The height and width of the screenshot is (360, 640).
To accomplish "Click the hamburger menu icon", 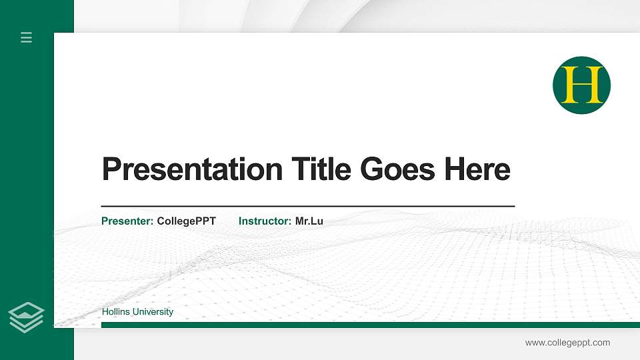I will click(x=26, y=37).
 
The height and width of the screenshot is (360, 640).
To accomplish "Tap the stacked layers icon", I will click(x=26, y=317).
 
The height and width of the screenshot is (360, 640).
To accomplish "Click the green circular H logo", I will click(x=581, y=85).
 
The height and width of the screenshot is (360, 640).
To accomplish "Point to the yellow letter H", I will click(x=581, y=85).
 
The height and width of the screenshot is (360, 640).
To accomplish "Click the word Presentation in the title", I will click(x=192, y=169).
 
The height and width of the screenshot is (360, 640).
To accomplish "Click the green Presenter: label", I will click(x=127, y=221).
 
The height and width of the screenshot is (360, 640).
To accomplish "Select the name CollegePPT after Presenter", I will click(x=186, y=221).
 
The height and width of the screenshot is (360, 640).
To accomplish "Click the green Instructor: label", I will click(x=265, y=221).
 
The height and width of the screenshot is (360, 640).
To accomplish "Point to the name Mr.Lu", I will click(x=309, y=221).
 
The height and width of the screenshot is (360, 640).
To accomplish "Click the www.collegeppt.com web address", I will click(x=567, y=343).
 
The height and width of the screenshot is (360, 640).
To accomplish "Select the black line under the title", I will click(x=307, y=206).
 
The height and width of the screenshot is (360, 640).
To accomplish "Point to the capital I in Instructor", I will click(x=241, y=221).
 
